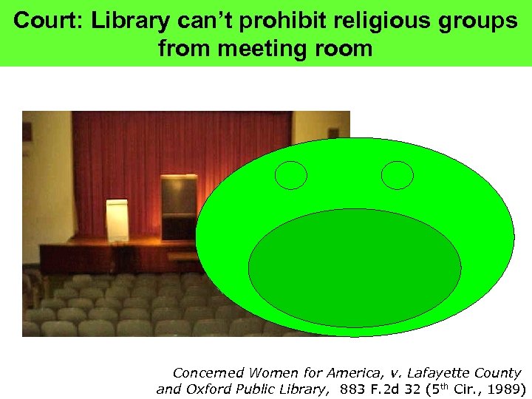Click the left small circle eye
290,174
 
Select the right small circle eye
398,174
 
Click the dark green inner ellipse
355,269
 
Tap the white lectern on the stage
117,219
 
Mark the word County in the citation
496,373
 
